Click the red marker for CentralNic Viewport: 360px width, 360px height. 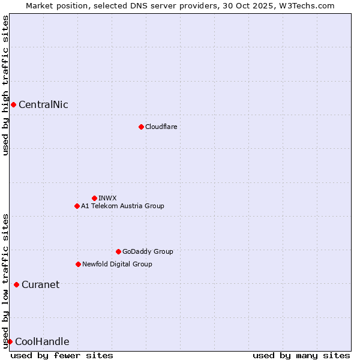tap(13, 105)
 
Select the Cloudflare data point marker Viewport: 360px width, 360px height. tap(141, 127)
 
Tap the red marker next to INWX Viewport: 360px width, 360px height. tap(94, 198)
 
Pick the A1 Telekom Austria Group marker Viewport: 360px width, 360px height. tap(77, 206)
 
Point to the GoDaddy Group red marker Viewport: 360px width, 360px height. tap(118, 251)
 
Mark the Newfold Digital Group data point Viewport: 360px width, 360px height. tap(78, 264)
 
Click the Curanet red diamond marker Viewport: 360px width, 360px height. tap(16, 284)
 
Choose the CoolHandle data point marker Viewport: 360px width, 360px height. tap(10, 341)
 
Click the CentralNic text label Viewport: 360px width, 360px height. tap(43, 105)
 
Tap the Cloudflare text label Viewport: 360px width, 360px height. tap(161, 127)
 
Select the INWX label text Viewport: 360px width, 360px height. tap(107, 198)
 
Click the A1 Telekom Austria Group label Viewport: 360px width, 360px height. tap(122, 206)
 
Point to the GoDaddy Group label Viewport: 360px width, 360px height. tap(148, 251)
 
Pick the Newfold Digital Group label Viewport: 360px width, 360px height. tap(117, 264)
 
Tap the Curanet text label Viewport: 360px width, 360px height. tap(40, 284)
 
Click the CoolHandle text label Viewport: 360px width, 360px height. tap(42, 342)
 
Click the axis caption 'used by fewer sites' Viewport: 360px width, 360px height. tap(62, 355)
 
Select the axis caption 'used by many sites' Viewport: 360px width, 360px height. tap(301, 355)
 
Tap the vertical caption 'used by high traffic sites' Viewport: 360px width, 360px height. tap(5, 85)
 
